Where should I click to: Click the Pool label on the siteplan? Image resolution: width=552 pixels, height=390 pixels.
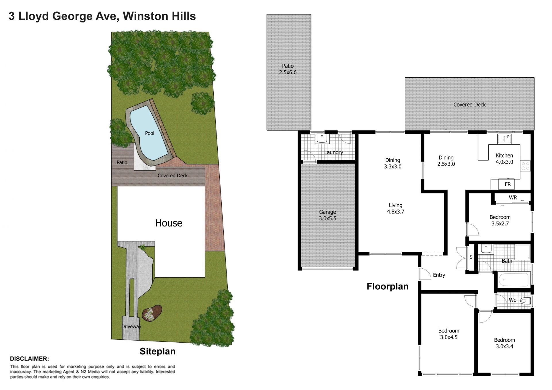pyautogui.click(x=149, y=133)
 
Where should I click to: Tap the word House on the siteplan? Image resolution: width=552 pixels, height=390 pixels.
pyautogui.click(x=169, y=223)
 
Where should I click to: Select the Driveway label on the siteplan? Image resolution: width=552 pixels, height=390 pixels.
pyautogui.click(x=131, y=326)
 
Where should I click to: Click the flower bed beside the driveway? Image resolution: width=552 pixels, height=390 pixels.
pyautogui.click(x=152, y=313)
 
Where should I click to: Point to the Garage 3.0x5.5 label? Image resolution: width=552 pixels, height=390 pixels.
pyautogui.click(x=327, y=215)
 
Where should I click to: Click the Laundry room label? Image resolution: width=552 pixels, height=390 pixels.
pyautogui.click(x=333, y=152)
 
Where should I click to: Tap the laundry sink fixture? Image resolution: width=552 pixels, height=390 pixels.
pyautogui.click(x=322, y=138)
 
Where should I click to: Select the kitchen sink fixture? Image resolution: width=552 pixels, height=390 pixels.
pyautogui.click(x=504, y=139)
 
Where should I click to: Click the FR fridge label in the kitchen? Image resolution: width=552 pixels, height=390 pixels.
pyautogui.click(x=508, y=184)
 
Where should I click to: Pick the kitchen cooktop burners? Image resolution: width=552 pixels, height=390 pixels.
pyautogui.click(x=526, y=166)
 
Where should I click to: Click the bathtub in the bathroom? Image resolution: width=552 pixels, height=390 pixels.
pyautogui.click(x=513, y=279)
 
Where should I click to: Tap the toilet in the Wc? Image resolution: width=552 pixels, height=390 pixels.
pyautogui.click(x=525, y=301)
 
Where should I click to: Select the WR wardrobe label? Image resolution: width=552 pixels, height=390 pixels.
pyautogui.click(x=513, y=197)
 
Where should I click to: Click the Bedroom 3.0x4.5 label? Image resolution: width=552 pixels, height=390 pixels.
pyautogui.click(x=449, y=334)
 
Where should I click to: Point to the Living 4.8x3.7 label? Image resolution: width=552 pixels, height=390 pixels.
pyautogui.click(x=396, y=208)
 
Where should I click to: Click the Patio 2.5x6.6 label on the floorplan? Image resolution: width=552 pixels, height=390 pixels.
pyautogui.click(x=288, y=69)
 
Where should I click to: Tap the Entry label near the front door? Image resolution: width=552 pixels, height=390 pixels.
pyautogui.click(x=439, y=275)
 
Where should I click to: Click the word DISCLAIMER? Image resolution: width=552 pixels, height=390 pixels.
pyautogui.click(x=29, y=359)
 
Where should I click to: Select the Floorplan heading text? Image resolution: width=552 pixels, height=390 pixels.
pyautogui.click(x=388, y=287)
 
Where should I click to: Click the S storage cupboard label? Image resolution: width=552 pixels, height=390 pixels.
pyautogui.click(x=471, y=257)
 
